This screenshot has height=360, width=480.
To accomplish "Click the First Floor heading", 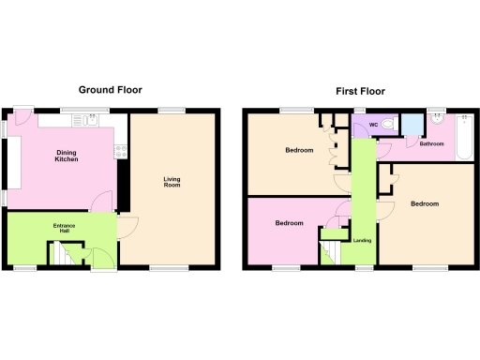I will point(360,91).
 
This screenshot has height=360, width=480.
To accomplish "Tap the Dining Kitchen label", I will point(66,157).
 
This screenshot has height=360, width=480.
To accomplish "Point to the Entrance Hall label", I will point(64,229).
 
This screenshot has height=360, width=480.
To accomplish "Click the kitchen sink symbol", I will point(88,119).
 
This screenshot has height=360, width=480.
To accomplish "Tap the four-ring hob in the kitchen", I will point(120,150).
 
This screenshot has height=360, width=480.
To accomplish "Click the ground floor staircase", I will point(61,253).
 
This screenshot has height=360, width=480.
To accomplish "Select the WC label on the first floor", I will point(372,125).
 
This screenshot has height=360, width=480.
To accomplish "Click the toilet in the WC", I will point(389,124).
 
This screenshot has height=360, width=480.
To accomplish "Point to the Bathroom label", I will point(431,143).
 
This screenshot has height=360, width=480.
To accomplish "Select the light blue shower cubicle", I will point(412,126).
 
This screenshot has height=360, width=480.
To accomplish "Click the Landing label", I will point(362,241).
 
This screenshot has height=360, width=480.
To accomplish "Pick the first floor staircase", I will point(330,251).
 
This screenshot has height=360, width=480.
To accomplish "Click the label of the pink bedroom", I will point(289,223).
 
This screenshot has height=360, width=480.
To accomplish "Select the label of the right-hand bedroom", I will point(425,203).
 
